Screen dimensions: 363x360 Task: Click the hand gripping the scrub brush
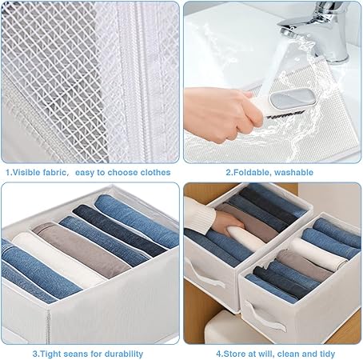[x=221, y=114]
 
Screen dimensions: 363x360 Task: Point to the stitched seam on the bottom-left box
[x=48, y=326]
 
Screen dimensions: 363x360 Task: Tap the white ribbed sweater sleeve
[x=198, y=214]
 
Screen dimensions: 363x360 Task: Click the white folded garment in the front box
[x=318, y=252]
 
